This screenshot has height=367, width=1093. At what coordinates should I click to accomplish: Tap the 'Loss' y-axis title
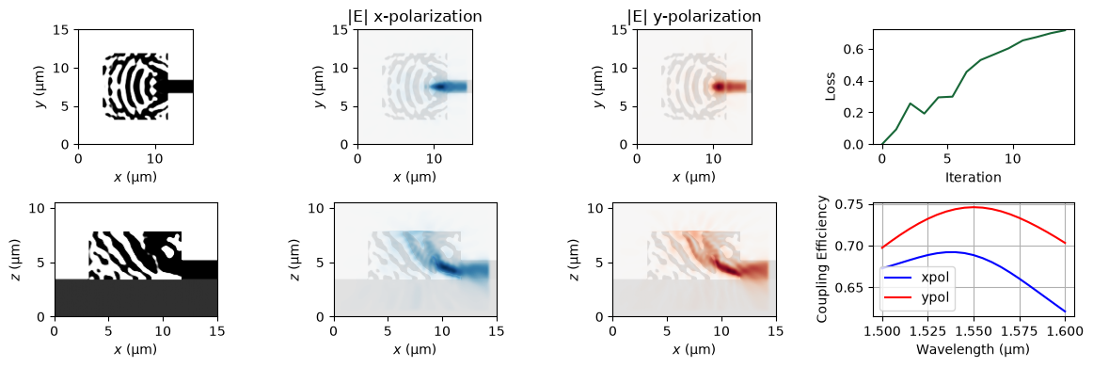pyautogui.click(x=830, y=87)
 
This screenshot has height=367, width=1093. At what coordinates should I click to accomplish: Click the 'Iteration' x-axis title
pyautogui.click(x=974, y=177)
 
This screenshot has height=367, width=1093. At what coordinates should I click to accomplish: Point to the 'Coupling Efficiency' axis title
pyautogui.click(x=823, y=260)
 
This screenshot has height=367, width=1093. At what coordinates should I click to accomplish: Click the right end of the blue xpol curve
pyautogui.click(x=1066, y=311)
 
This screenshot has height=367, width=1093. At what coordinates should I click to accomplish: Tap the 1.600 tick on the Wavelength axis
pyautogui.click(x=1066, y=328)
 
